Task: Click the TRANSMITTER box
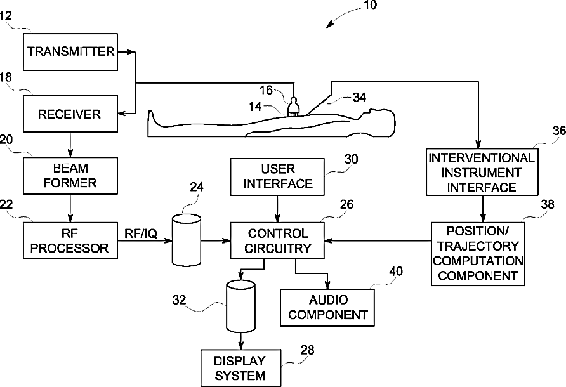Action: [70, 51]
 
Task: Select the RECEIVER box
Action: [70, 114]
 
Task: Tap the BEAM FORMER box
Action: [70, 176]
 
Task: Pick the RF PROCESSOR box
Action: [70, 241]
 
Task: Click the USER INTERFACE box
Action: [277, 177]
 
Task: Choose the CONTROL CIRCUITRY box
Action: [277, 241]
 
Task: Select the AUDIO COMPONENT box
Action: [327, 308]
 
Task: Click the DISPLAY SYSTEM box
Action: [240, 368]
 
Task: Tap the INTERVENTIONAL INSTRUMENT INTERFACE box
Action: [482, 172]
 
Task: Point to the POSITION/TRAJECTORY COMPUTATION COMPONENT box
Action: [478, 254]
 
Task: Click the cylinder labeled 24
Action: [187, 240]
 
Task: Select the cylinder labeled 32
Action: [240, 306]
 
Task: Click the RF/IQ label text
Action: [141, 233]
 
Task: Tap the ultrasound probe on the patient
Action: [294, 107]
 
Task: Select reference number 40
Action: [395, 271]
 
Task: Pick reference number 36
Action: [559, 131]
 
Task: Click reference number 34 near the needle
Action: [359, 98]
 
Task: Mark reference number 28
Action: [308, 350]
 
